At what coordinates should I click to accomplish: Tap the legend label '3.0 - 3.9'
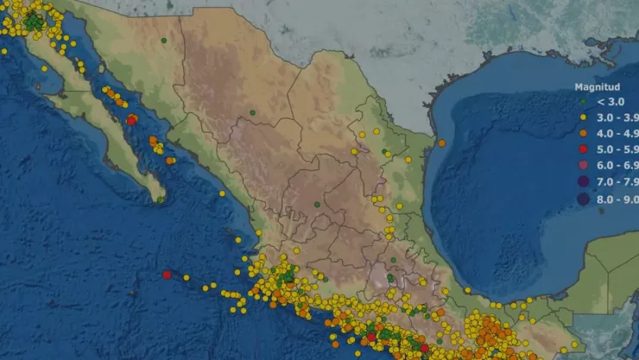coord(614,117)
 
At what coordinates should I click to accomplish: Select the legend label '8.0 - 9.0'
coord(614,199)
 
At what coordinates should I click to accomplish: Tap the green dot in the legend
coord(583,103)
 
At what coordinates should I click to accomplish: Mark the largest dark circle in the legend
coord(583,199)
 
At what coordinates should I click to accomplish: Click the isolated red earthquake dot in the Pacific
coord(167,275)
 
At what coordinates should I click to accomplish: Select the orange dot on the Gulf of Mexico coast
coord(441,143)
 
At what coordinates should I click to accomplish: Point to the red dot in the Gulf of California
coord(130,121)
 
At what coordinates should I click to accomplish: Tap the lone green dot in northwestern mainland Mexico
coord(165,40)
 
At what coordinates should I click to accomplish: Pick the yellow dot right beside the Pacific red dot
coord(187,277)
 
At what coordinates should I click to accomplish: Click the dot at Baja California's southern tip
coord(160,199)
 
